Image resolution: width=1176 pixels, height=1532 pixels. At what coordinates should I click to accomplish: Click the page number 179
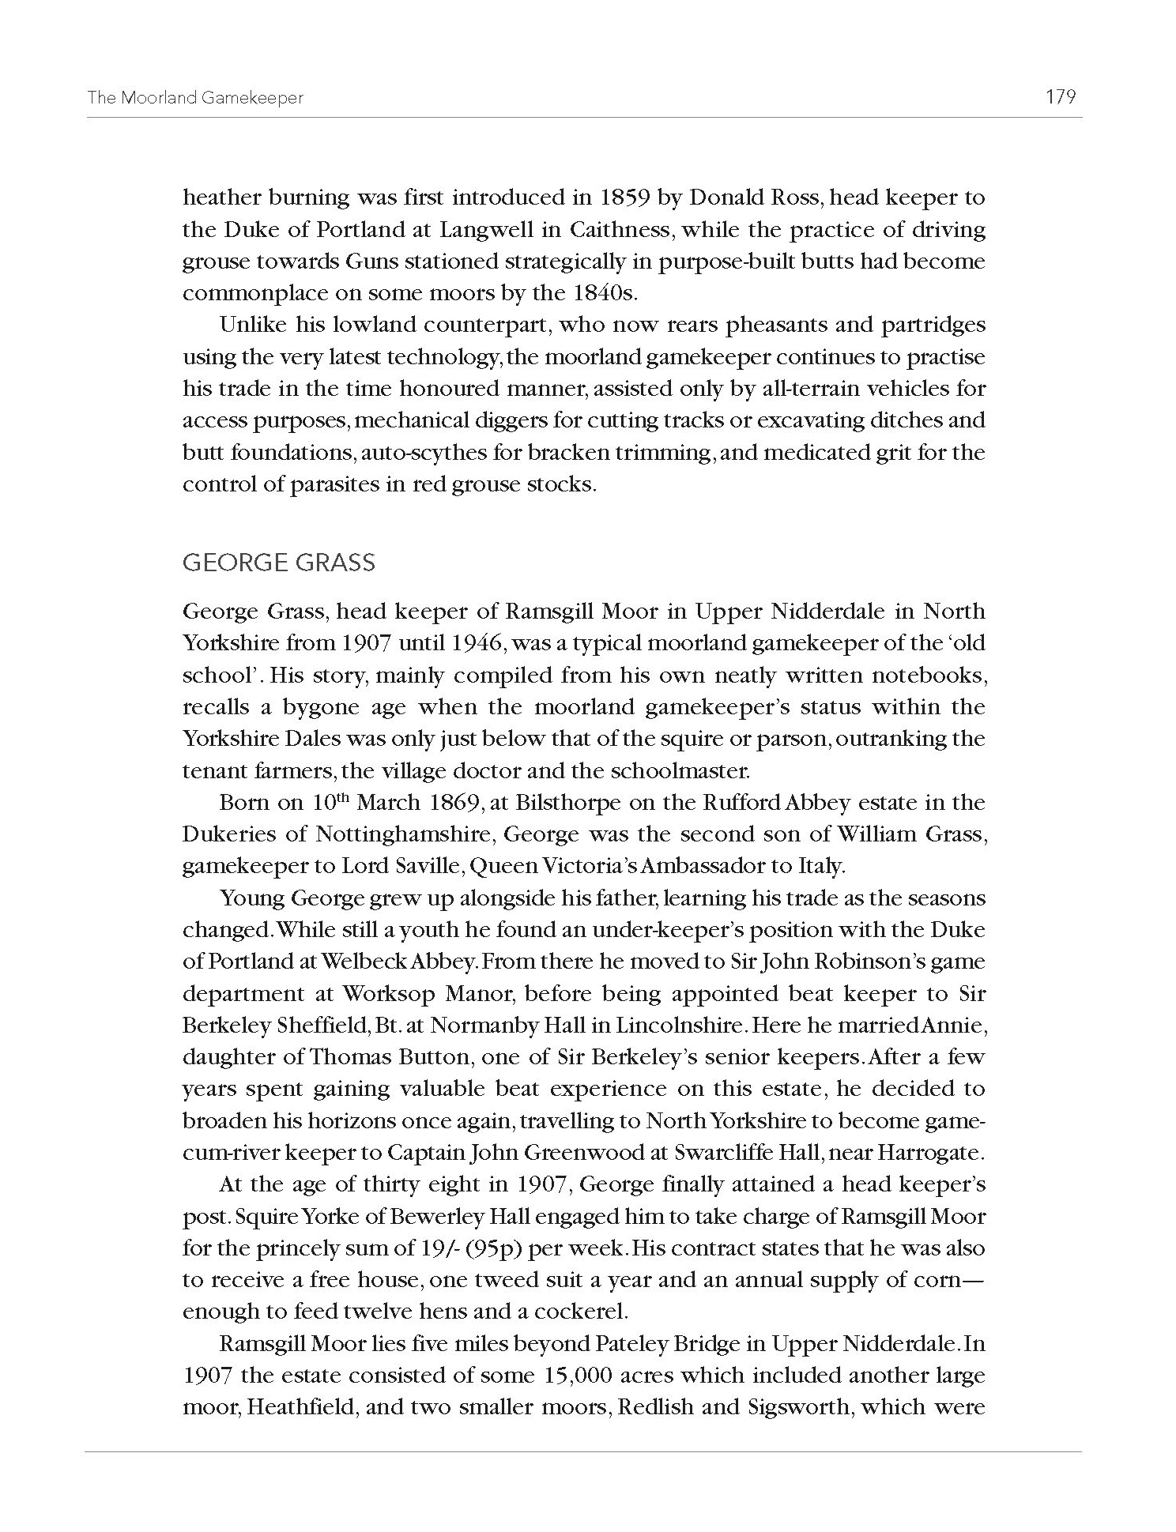1060,97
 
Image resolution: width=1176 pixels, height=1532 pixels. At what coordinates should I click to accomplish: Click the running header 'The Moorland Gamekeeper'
195,98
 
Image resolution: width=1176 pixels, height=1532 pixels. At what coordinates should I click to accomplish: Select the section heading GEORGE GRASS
279,563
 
